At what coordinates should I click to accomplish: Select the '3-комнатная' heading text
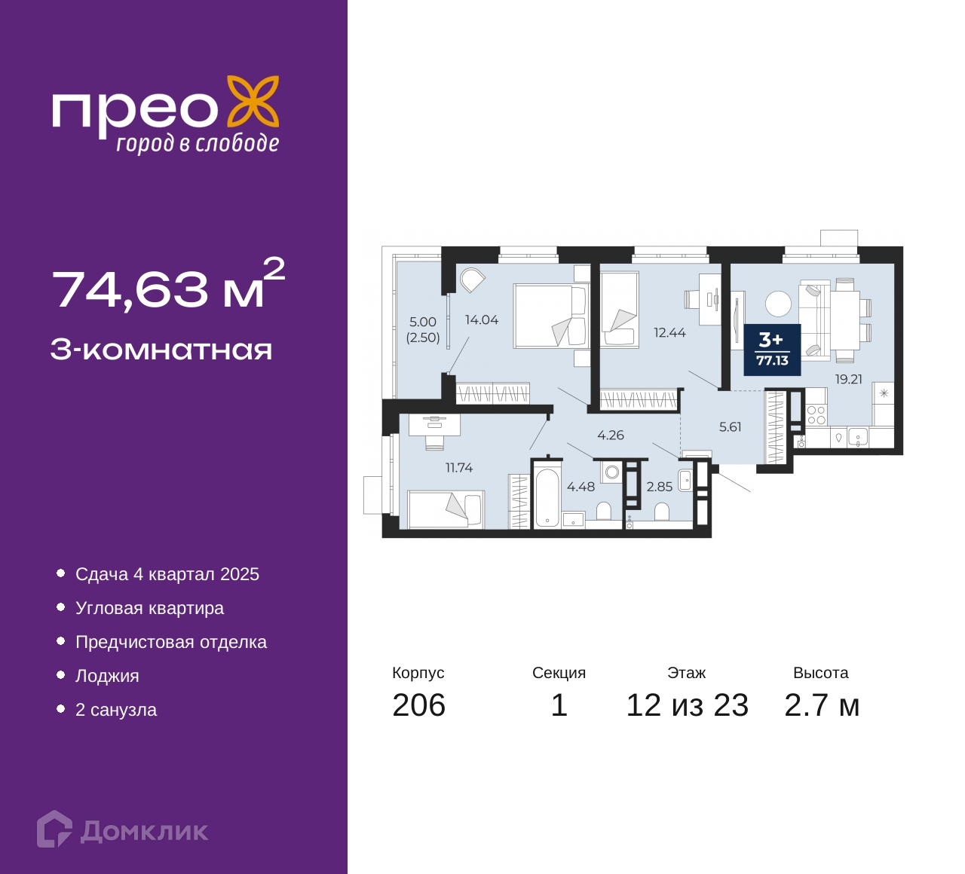pos(161,350)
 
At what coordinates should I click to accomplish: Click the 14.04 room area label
pos(482,319)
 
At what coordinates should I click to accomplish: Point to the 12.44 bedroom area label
pos(669,332)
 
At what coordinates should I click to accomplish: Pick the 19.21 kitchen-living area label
pos(849,379)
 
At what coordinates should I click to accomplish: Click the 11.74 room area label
pos(459,467)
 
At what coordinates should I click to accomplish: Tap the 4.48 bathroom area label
pos(581,487)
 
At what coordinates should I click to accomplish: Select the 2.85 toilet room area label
pos(659,487)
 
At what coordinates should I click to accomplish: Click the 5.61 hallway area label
pos(730,426)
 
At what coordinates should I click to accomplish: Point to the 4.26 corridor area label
pos(611,435)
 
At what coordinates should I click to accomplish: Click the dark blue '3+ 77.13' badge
pos(772,350)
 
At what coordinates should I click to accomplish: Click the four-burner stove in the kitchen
pos(816,415)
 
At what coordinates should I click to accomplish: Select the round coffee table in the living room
pos(778,304)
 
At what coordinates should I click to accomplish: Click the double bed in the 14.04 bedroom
pos(551,316)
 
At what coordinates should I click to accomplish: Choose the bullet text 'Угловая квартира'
pos(149,608)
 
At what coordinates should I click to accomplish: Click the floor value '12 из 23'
pos(687,705)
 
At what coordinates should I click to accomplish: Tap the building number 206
pos(419,705)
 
